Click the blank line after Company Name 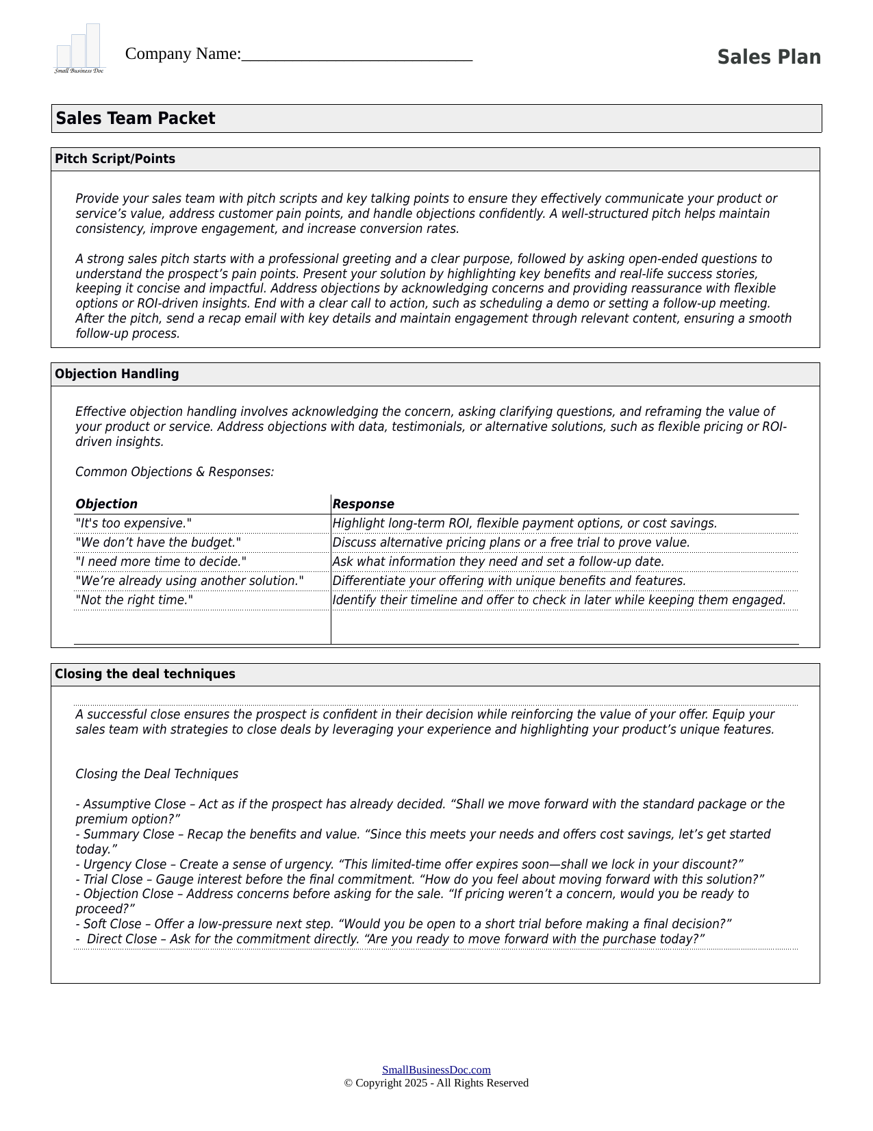357,55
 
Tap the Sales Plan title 768,58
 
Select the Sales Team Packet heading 136,119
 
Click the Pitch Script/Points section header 115,159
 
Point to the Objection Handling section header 117,374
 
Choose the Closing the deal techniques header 145,674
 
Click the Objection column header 107,504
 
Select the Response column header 364,504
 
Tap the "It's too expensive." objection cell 134,523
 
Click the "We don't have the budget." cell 158,543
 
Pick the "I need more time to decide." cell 161,562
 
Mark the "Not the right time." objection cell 134,600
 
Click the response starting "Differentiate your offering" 509,581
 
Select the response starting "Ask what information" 498,562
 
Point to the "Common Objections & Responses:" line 175,472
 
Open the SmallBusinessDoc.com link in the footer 436,1070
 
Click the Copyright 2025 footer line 436,1083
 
